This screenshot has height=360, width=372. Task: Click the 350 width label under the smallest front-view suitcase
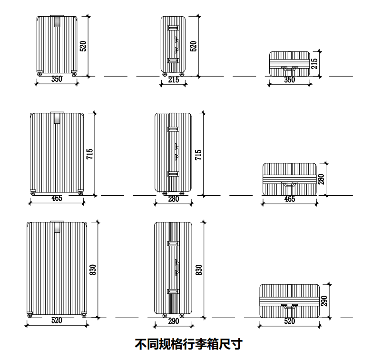[57, 80]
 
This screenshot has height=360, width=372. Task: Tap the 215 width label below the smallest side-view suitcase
[174, 80]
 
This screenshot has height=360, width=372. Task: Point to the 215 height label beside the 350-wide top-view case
[314, 64]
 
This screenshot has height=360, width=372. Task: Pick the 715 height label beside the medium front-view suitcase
[90, 154]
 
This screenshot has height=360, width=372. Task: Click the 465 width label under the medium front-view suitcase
[57, 199]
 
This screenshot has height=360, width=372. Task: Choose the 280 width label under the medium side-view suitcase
[174, 199]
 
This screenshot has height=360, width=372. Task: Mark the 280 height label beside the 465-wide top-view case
[321, 180]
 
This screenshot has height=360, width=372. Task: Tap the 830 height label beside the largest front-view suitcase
[93, 270]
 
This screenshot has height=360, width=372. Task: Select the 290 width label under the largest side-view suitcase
[174, 321]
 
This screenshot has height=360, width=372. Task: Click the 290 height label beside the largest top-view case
[324, 300]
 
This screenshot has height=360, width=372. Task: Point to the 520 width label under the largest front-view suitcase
[57, 321]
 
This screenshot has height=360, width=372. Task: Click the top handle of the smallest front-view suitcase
[58, 21]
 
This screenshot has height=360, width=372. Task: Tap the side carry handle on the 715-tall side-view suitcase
[176, 150]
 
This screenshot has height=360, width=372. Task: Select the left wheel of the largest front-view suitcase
[30, 315]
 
